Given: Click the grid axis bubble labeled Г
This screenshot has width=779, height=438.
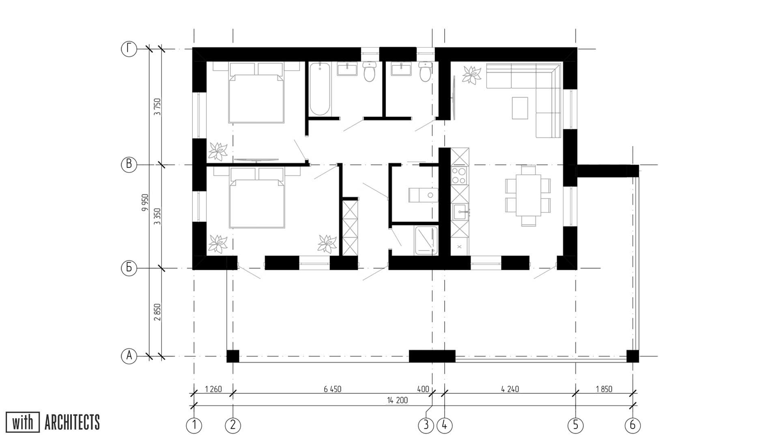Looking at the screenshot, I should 129,49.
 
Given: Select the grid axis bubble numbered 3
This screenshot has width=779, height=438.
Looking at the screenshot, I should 426,425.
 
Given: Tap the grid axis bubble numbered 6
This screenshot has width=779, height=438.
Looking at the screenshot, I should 633,425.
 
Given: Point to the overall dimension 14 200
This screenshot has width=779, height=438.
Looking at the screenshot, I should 397,401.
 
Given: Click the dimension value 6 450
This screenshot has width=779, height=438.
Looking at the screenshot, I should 332,389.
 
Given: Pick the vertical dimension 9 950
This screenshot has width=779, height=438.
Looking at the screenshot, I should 145,203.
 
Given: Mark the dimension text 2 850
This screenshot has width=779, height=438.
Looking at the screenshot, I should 158,312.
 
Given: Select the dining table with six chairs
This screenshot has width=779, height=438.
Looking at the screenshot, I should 528,195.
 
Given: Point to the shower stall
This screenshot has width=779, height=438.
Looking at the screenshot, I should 426,240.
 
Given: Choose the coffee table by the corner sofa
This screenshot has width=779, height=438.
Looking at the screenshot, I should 520,108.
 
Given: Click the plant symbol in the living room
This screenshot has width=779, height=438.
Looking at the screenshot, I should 472,75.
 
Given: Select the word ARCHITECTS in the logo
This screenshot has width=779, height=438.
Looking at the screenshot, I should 72,423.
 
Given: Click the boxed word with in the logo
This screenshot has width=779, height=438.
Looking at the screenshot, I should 23,423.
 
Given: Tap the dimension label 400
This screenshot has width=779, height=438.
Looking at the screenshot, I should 423,389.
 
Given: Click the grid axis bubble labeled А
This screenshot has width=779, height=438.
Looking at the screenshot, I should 129,356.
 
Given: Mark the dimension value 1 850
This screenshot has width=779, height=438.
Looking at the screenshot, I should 604,389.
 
